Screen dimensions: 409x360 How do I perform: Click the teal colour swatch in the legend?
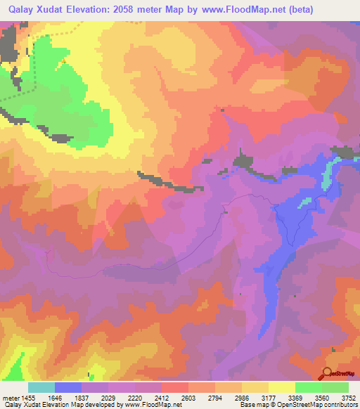click(x=41, y=387)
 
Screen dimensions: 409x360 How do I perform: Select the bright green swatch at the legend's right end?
click(x=335, y=387)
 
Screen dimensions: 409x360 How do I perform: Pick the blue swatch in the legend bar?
click(x=68, y=387)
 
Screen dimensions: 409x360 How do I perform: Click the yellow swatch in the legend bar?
click(x=282, y=387)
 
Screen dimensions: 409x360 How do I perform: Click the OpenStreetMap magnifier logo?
click(x=328, y=373)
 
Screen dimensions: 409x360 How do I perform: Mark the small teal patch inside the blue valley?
click(x=304, y=203)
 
